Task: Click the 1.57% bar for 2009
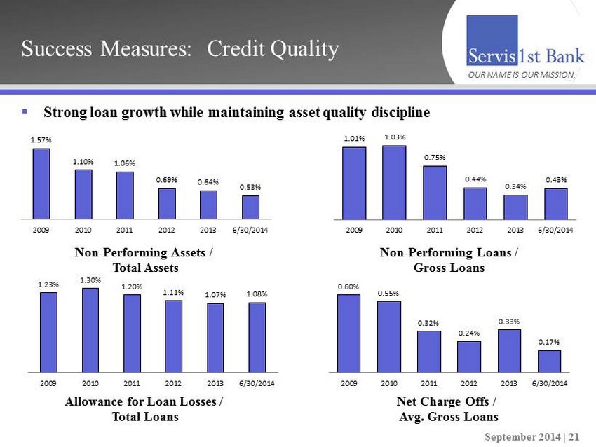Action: coord(42,183)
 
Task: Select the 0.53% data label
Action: coord(250,187)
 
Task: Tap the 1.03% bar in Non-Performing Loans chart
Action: coord(394,182)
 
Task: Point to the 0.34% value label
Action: coord(515,187)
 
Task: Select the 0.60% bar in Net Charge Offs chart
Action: coord(348,333)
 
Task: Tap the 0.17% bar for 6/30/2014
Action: coord(550,361)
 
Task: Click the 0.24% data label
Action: coord(469,333)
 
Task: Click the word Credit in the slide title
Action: coord(240,49)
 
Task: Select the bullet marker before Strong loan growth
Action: coord(25,111)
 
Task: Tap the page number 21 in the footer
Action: coord(574,436)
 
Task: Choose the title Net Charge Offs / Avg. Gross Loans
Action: coord(447,409)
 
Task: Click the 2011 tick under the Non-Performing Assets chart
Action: coord(125,230)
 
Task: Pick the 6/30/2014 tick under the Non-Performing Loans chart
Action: coord(555,230)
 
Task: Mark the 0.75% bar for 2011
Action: coord(435,193)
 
